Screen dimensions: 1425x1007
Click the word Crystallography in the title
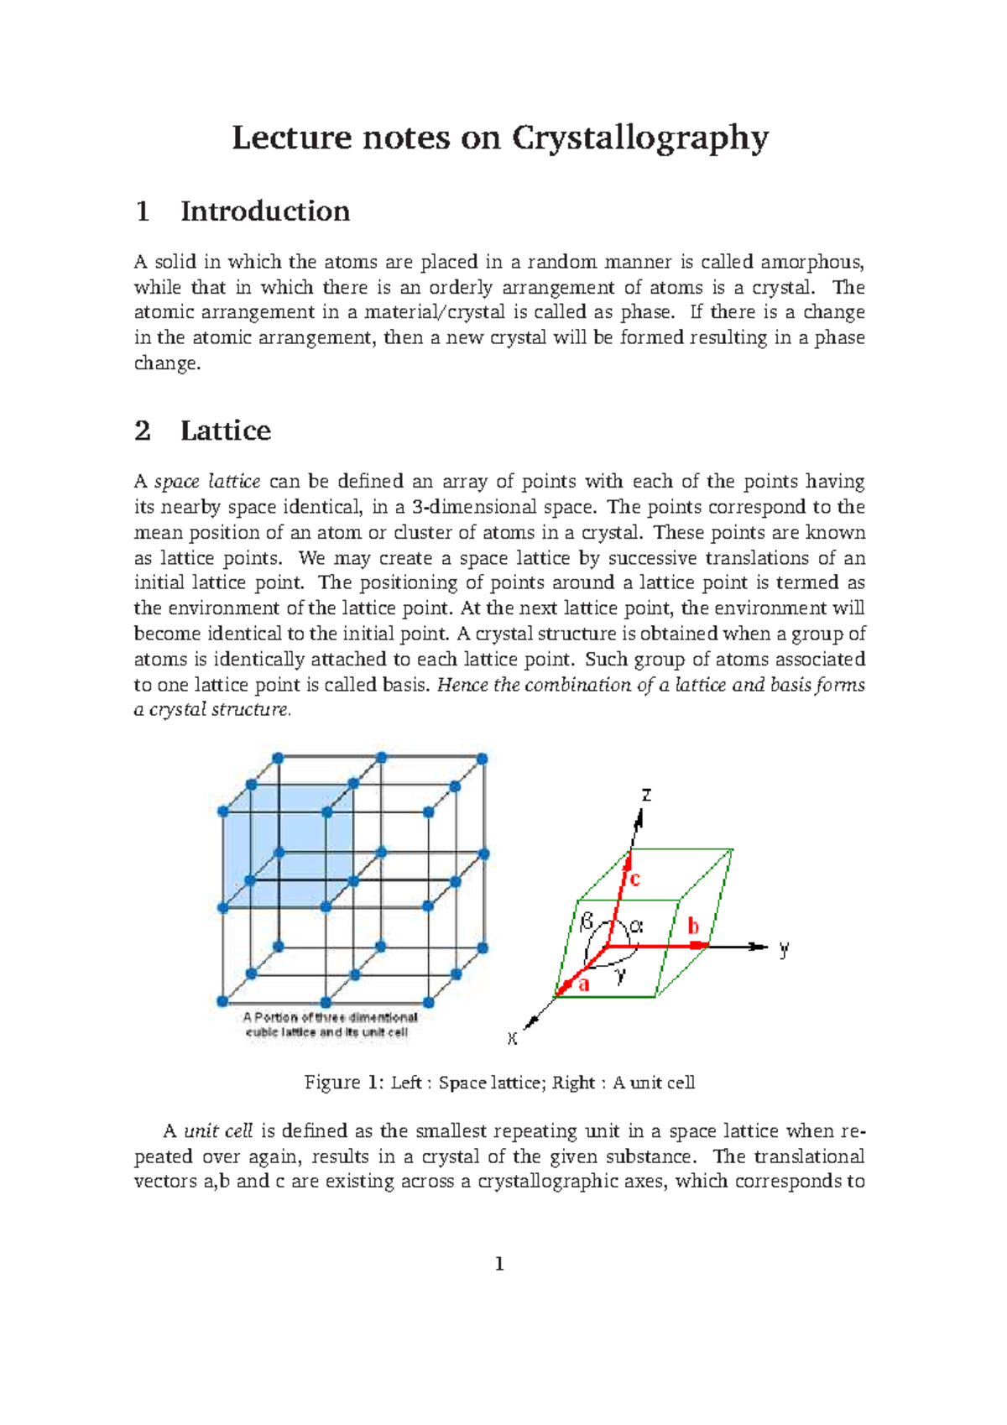pyautogui.click(x=639, y=138)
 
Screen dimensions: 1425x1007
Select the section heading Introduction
pyautogui.click(x=264, y=211)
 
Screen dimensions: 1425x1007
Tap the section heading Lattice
pyautogui.click(x=225, y=431)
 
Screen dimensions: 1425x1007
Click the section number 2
pyautogui.click(x=143, y=431)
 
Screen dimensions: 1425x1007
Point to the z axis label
pyautogui.click(x=646, y=794)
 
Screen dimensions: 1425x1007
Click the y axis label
pyautogui.click(x=784, y=949)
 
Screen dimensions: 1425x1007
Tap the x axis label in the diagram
pyautogui.click(x=512, y=1039)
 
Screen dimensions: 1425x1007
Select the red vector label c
pyautogui.click(x=634, y=880)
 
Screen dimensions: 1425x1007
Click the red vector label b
pyautogui.click(x=693, y=927)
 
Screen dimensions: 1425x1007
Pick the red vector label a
pyautogui.click(x=584, y=984)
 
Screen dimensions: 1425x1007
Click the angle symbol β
pyautogui.click(x=587, y=921)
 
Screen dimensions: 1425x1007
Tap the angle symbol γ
pyautogui.click(x=620, y=975)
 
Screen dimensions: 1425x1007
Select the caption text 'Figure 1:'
pyautogui.click(x=344, y=1083)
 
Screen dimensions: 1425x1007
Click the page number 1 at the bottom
pyautogui.click(x=499, y=1264)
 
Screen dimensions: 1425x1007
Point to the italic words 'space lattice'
pyautogui.click(x=207, y=482)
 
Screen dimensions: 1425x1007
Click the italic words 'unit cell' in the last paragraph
pyautogui.click(x=218, y=1131)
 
